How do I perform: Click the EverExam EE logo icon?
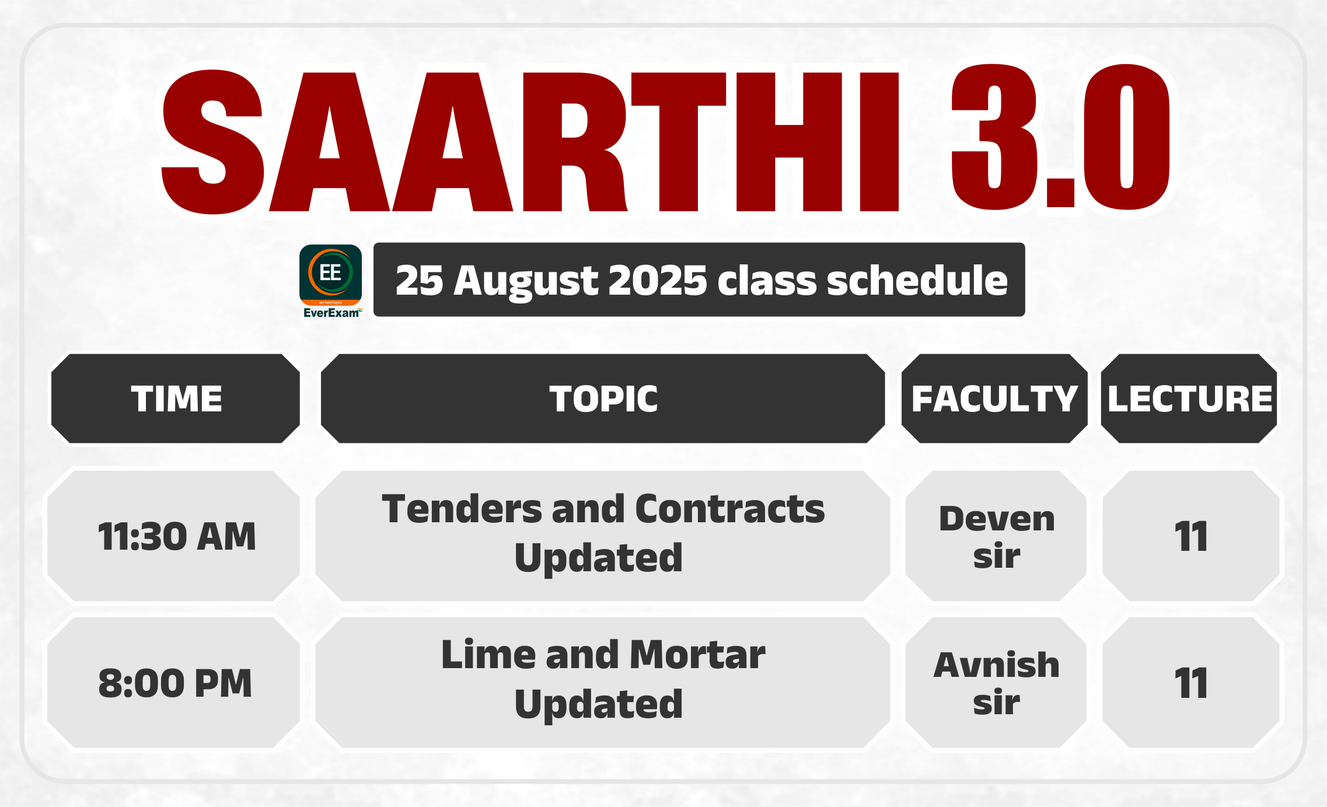point(331,281)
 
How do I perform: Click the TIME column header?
point(176,399)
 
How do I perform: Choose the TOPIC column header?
point(603,399)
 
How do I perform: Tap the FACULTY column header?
point(994,399)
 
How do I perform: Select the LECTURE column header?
point(1190,399)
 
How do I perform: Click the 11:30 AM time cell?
point(177,536)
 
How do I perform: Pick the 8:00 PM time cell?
point(175,683)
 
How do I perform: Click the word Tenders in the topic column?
point(462,508)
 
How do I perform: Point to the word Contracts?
point(730,508)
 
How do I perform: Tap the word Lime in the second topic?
point(488,654)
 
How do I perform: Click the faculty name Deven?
point(997,518)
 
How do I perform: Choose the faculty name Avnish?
point(997,665)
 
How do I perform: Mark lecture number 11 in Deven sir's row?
point(1190,536)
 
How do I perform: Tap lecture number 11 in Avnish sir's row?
point(1190,683)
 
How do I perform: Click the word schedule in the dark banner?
point(917,280)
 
